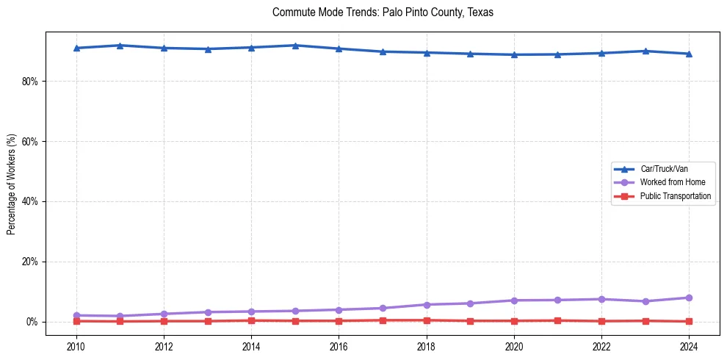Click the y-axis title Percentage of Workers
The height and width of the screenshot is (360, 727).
(x=12, y=184)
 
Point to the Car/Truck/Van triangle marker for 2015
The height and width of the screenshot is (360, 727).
(x=295, y=46)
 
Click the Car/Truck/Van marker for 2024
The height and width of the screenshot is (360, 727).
(x=689, y=54)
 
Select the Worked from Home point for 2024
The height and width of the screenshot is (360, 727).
(x=689, y=298)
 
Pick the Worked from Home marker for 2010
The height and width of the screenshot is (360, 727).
(x=76, y=315)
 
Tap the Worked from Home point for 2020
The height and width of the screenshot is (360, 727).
(x=514, y=300)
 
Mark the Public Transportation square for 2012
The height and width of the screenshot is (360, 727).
(x=164, y=321)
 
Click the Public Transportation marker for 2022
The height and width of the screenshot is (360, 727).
(x=601, y=321)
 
